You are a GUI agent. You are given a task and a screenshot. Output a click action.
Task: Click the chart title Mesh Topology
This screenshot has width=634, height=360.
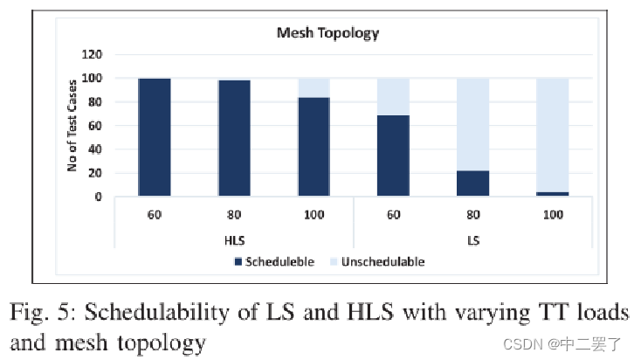(x=327, y=33)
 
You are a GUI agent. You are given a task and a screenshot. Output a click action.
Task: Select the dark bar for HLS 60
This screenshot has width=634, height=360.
(x=155, y=137)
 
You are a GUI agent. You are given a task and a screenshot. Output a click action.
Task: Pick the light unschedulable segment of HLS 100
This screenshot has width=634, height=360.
(x=314, y=87)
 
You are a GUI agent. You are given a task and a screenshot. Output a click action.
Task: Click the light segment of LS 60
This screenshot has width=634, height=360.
(x=393, y=96)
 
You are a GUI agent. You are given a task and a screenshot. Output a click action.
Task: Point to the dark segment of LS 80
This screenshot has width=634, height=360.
(x=472, y=183)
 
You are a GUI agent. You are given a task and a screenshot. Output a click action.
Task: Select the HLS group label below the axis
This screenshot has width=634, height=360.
(x=233, y=239)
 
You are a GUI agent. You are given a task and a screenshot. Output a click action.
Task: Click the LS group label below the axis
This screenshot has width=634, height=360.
(x=472, y=239)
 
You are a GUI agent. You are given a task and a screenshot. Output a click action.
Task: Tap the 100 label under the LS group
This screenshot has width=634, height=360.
(x=552, y=214)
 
